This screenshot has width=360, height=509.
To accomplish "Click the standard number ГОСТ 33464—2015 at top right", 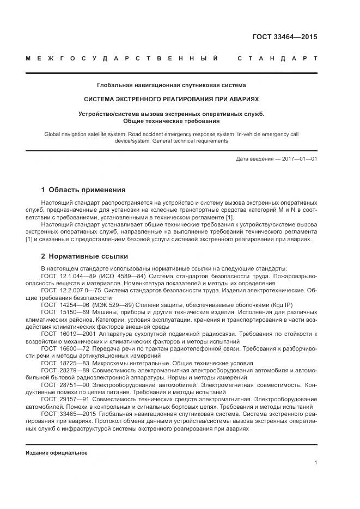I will coord(284,38).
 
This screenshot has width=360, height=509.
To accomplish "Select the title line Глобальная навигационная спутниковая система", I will coord(171,85).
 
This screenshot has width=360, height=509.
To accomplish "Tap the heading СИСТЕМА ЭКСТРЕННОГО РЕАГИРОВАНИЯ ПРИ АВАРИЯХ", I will coord(171,100).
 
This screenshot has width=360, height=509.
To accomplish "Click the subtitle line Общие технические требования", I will coord(171,121).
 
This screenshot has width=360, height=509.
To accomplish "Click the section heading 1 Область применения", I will coord(83,190).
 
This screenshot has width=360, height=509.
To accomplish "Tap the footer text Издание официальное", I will coord(56,452).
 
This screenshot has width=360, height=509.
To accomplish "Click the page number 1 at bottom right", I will coord(316,462).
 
